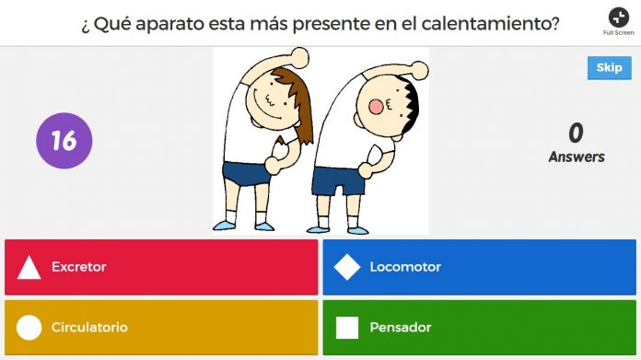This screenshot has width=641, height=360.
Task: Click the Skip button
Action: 609,68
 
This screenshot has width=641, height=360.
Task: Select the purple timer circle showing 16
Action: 64,141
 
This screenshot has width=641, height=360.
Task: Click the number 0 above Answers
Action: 576,134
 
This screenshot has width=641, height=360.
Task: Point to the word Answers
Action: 577,157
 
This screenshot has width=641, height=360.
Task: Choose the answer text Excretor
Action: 79,267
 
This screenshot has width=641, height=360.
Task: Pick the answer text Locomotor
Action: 405,267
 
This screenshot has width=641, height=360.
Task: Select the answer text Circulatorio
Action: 89,327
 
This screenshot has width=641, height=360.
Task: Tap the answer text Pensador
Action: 401,327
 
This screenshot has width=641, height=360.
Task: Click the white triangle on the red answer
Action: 29,268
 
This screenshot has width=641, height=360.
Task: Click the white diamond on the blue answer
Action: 347,267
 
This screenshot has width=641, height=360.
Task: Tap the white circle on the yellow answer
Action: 29,327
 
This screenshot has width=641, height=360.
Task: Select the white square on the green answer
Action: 347,327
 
